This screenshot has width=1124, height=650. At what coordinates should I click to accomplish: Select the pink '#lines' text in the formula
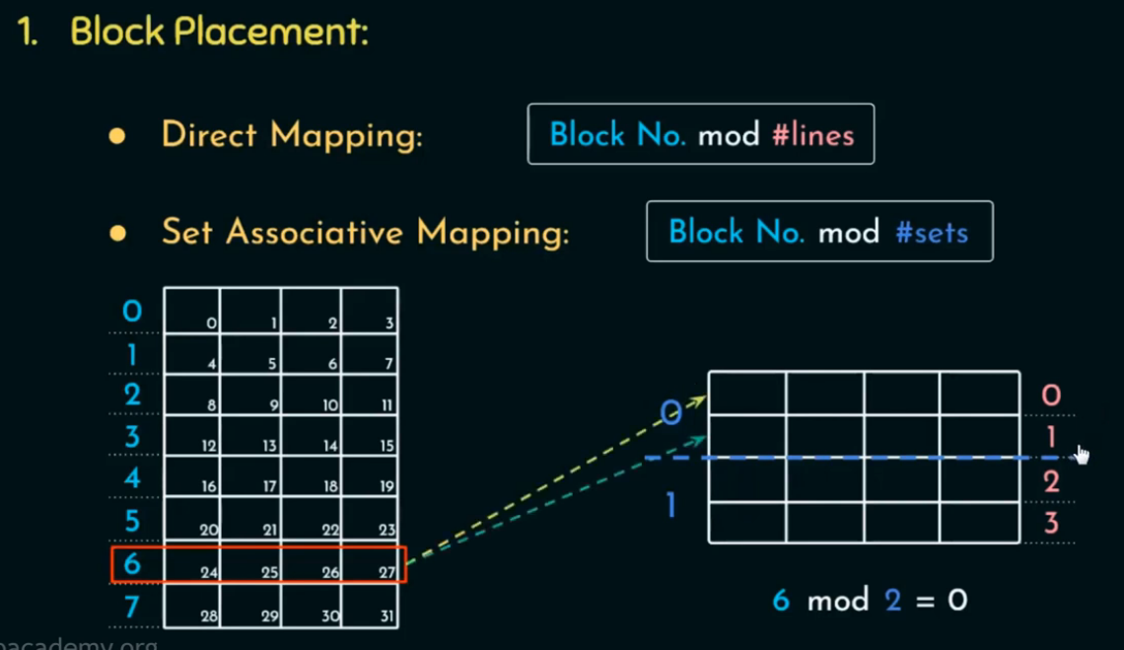pos(812,134)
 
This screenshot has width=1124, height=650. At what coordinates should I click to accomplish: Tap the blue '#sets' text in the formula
pos(931,232)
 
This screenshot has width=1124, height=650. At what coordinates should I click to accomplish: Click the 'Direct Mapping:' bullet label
pos(292,134)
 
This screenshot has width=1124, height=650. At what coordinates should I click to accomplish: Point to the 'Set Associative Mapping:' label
pos(365,233)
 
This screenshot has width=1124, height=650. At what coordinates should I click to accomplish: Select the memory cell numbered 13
pos(251,436)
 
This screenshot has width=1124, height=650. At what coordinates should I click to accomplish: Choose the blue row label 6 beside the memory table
pos(132,564)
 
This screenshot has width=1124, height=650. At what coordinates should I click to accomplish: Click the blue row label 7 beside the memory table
pos(132,607)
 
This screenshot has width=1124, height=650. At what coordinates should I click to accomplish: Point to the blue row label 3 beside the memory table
pos(132,436)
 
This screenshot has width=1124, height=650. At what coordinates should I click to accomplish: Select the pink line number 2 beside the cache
pos(1051,481)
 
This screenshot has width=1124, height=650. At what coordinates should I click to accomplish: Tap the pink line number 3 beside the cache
pos(1051,522)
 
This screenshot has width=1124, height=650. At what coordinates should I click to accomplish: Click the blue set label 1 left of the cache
pos(671,506)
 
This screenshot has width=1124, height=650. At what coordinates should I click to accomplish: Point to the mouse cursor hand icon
pos(1082,454)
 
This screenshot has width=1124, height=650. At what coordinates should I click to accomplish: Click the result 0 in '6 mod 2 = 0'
pos(956,600)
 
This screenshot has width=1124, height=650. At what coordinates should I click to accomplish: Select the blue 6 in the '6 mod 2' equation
pos(781,600)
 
